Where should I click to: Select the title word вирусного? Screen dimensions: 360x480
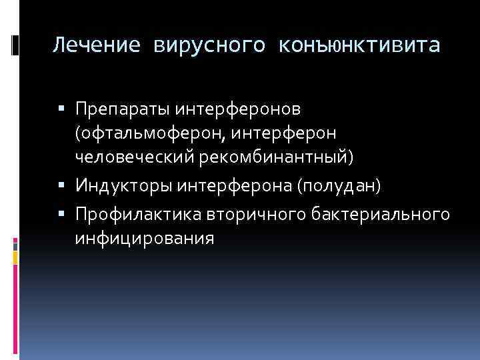click(x=209, y=45)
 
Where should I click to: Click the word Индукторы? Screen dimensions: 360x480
click(x=125, y=184)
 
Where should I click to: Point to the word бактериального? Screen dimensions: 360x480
click(x=374, y=215)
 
